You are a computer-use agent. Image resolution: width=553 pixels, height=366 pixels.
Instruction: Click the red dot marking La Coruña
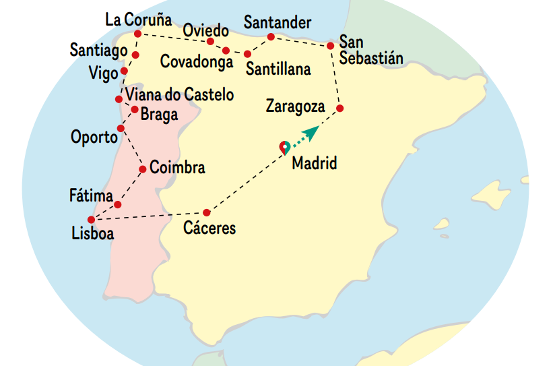(137, 34)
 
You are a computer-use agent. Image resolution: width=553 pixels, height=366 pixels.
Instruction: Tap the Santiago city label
(98, 50)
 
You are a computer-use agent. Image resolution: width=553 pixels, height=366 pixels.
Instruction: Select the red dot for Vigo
(125, 71)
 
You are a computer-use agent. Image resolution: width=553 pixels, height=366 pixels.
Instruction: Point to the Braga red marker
(135, 109)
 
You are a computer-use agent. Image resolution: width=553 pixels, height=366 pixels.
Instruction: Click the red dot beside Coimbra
(143, 169)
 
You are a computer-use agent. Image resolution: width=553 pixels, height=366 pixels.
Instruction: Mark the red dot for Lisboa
(91, 219)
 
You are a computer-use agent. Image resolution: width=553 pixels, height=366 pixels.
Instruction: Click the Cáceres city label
(209, 228)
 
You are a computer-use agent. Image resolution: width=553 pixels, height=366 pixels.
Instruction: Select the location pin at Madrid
(285, 148)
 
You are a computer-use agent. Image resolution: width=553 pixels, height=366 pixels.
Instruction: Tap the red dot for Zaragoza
(340, 109)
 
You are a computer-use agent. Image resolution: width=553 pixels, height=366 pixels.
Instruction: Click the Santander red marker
(271, 37)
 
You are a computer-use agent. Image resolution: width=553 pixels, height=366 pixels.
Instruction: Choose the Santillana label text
(278, 69)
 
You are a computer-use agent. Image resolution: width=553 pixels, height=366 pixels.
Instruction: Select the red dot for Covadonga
(226, 51)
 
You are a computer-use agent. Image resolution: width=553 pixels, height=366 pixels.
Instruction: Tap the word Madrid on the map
(314, 163)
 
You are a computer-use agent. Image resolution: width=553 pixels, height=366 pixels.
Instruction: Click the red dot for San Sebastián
(331, 46)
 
